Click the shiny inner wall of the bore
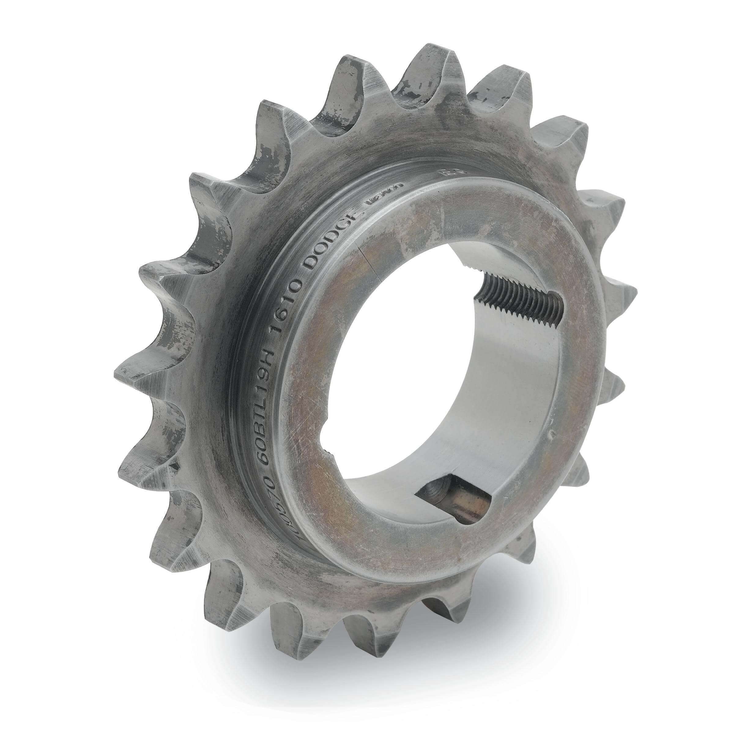pos(505,399)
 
